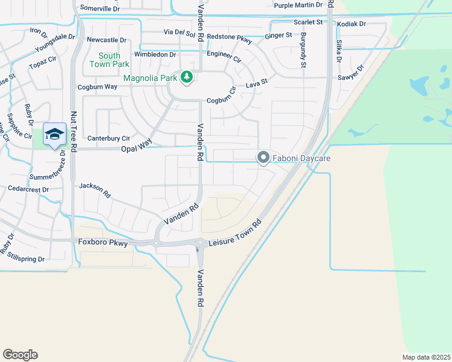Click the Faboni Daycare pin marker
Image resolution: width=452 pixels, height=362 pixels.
pyautogui.click(x=263, y=158)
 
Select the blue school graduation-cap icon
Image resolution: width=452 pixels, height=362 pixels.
pyautogui.click(x=54, y=135)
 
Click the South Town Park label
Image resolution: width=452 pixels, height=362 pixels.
pyautogui.click(x=109, y=60)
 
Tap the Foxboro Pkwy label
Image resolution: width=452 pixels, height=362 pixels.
pyautogui.click(x=103, y=243)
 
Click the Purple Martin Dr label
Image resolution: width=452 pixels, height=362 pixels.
pyautogui.click(x=299, y=5)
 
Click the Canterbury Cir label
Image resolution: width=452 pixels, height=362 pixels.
pyautogui.click(x=109, y=138)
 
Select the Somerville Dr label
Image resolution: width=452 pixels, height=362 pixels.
pyautogui.click(x=100, y=8)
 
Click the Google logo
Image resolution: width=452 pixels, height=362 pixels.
pyautogui.click(x=20, y=355)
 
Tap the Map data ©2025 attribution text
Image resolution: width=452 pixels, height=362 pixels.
pyautogui.click(x=426, y=357)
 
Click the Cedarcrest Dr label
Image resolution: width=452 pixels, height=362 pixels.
pyautogui.click(x=28, y=189)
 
